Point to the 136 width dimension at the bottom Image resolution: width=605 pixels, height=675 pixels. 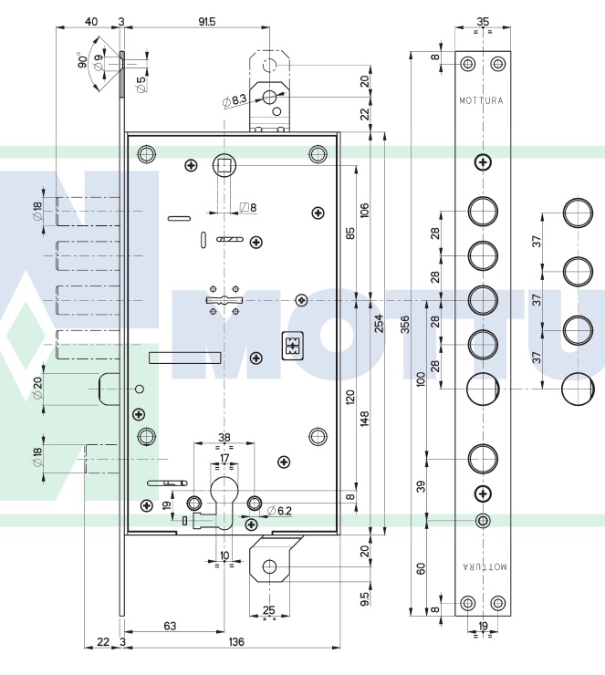click(x=235, y=643)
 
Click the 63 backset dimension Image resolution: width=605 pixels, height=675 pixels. click(x=170, y=626)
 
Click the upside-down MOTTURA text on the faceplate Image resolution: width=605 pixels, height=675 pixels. click(x=482, y=566)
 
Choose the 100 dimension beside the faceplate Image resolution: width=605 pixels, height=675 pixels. click(x=421, y=379)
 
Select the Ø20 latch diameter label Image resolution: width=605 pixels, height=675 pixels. click(x=38, y=389)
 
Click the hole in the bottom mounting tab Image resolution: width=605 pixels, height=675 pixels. click(x=268, y=567)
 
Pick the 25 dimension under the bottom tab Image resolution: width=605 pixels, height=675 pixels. click(x=268, y=608)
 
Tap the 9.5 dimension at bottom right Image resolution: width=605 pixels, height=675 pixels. click(x=364, y=599)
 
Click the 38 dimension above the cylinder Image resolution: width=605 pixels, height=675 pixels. click(x=224, y=437)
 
